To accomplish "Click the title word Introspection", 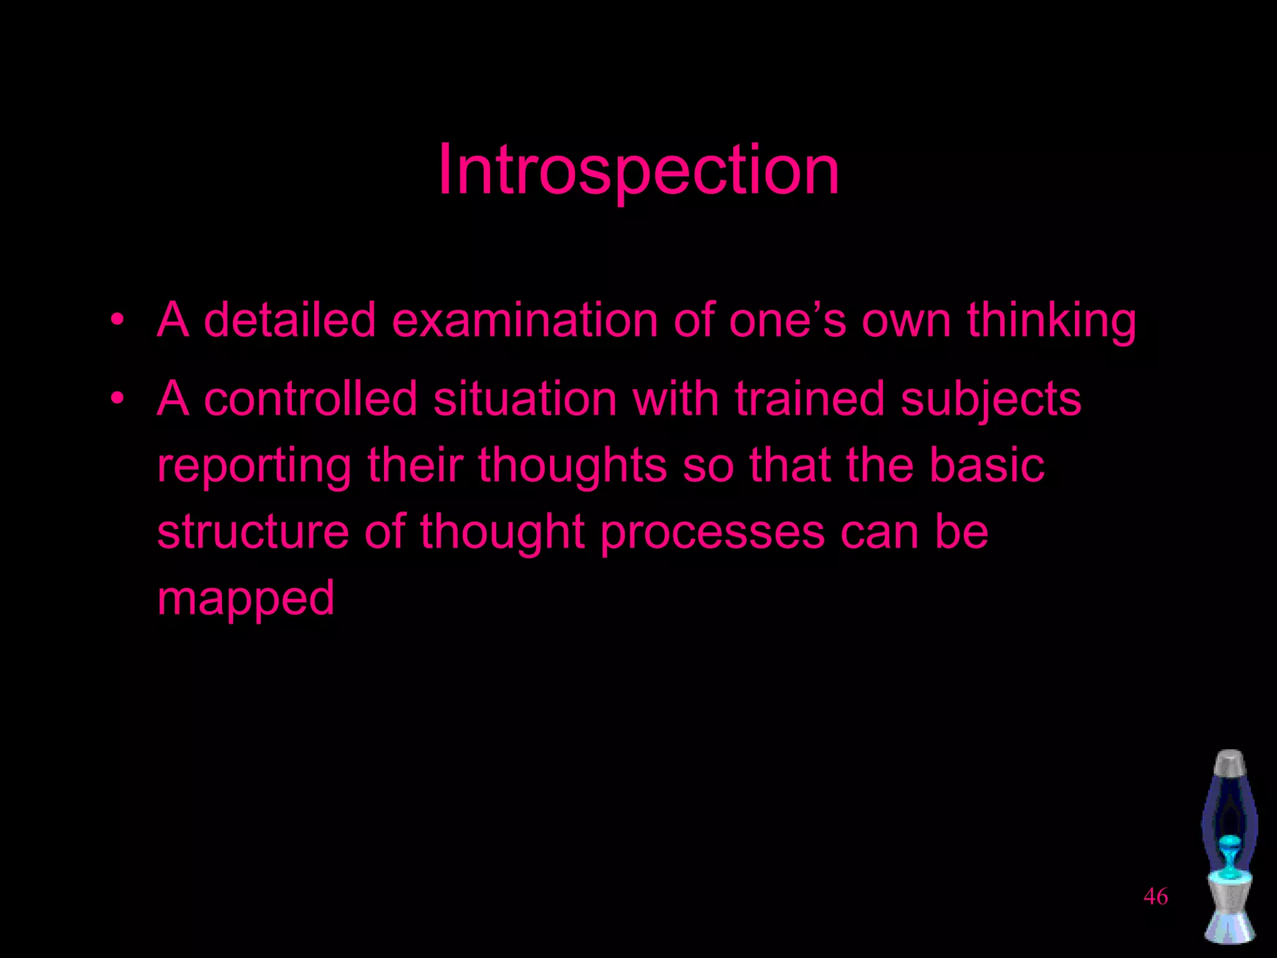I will point(638,170).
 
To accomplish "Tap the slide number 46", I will point(1155,897).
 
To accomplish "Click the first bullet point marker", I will point(117,320).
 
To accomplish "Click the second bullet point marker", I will point(117,399).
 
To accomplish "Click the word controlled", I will point(310,399).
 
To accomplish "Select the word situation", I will point(525,399).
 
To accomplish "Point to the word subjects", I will point(991,400).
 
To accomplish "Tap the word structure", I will point(253,531).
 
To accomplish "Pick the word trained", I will point(809,399).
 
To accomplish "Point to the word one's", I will point(788,320).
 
